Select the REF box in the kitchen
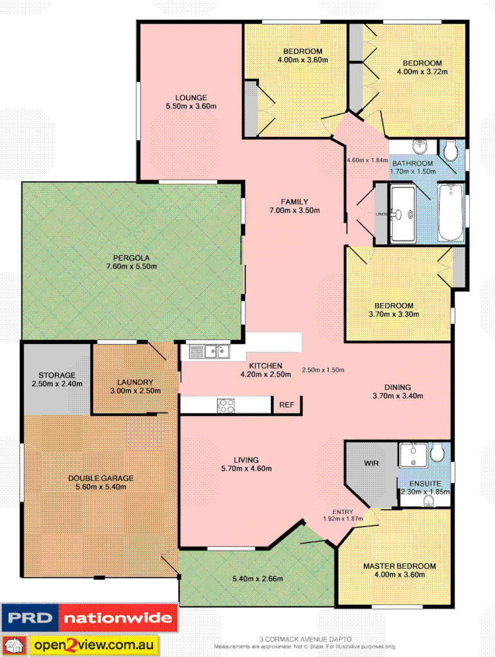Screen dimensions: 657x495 click(286, 405)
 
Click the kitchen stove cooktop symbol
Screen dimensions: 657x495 click(226, 405)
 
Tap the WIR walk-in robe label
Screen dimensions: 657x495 click(371, 462)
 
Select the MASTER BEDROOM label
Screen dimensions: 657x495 click(399, 566)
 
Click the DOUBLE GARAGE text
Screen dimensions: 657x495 click(100, 478)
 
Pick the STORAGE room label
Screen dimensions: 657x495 click(56, 375)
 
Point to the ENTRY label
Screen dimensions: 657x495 click(342, 511)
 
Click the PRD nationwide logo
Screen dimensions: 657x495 click(89, 619)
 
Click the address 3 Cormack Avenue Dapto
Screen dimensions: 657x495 click(305, 639)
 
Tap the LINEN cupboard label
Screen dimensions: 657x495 click(381, 214)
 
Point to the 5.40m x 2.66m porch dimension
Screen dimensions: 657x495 click(257, 579)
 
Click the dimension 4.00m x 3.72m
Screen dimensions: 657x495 click(422, 72)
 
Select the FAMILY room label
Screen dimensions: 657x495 click(295, 201)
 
